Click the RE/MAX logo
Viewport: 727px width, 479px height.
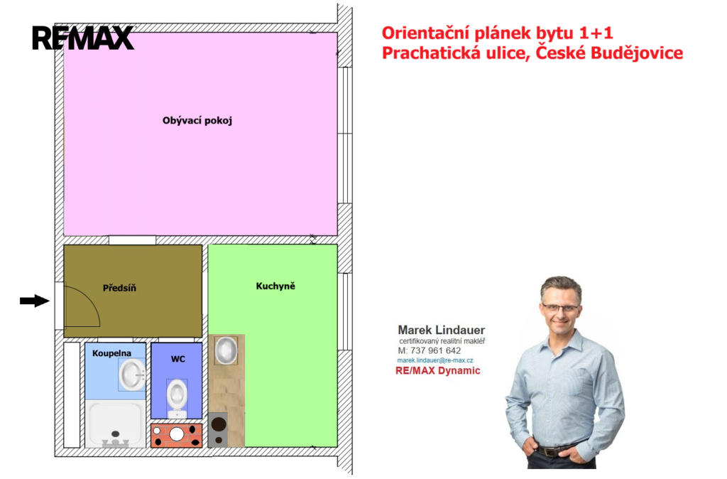tap(83, 38)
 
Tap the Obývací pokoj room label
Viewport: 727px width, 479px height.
tap(197, 121)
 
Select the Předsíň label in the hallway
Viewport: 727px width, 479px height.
tap(119, 288)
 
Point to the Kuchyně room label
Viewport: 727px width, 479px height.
tap(275, 286)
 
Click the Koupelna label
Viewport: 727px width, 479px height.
tap(111, 353)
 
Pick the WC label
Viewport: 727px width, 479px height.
tap(178, 359)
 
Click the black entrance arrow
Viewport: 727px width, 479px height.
tap(34, 301)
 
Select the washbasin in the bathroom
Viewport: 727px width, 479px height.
tap(132, 374)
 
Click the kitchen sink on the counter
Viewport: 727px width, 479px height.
tap(226, 350)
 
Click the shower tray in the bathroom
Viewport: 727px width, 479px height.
tap(115, 424)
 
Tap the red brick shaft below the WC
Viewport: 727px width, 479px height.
tap(177, 436)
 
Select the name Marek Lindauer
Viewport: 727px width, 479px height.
tap(442, 330)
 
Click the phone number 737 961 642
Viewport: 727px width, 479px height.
tap(435, 351)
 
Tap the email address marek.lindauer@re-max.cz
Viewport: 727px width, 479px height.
tap(435, 360)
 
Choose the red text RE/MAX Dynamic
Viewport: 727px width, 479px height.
tap(437, 370)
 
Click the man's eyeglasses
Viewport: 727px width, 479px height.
tap(560, 308)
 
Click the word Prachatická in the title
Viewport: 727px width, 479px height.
tap(430, 53)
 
